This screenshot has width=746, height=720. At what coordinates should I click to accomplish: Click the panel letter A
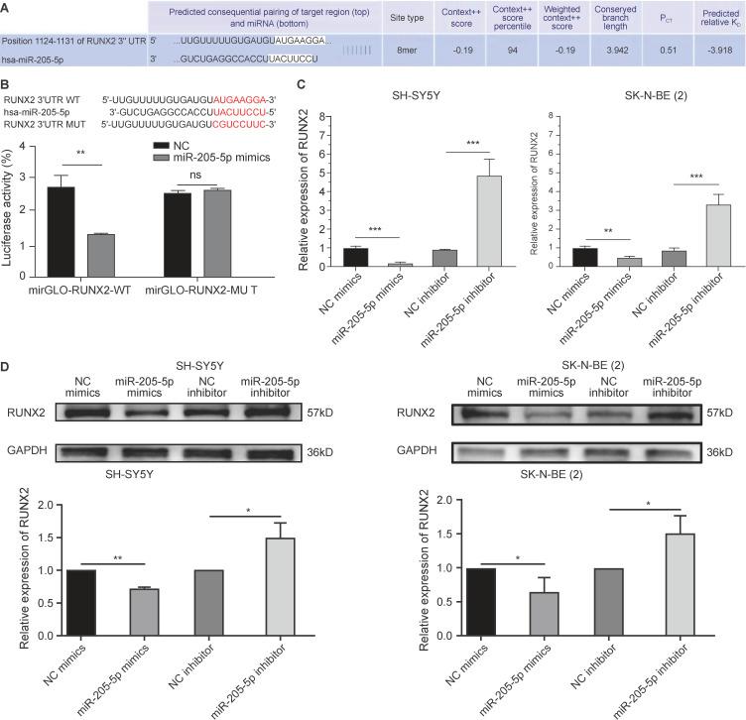coord(7,8)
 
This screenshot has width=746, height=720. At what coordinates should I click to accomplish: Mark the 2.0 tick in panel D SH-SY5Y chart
coord(51,504)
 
